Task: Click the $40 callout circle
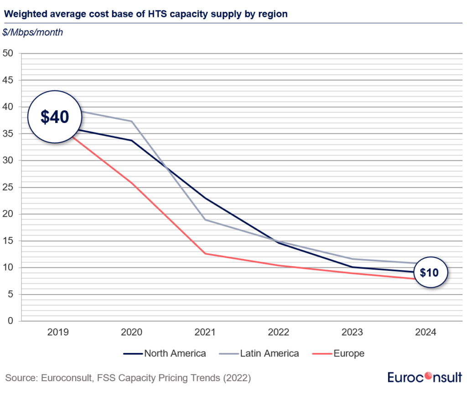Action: point(55,117)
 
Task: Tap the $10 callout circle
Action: point(429,273)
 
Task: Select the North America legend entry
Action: point(165,353)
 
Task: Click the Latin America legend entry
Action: point(260,353)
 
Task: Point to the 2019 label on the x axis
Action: point(58,332)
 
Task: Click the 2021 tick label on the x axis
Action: point(206,332)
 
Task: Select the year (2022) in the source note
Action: point(237,378)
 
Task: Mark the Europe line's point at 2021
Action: point(206,254)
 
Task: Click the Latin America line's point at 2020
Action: point(132,121)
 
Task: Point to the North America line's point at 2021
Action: point(206,198)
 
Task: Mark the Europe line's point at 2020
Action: point(132,183)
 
